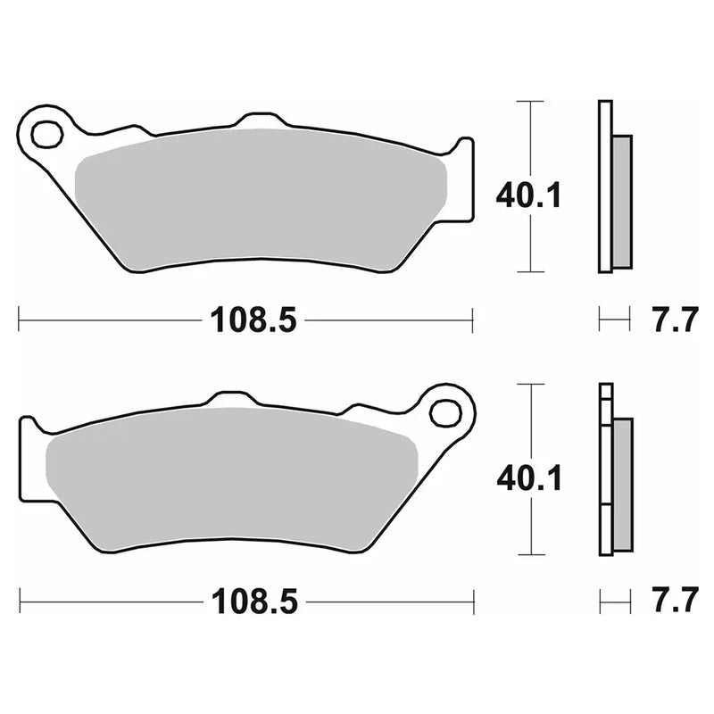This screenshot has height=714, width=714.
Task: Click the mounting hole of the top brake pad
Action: click(43, 135)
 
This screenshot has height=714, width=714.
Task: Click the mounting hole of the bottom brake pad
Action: click(441, 412)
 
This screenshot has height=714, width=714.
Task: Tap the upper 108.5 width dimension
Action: click(253, 318)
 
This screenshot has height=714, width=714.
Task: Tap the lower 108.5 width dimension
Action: click(253, 602)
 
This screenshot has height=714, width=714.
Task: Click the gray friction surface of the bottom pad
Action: click(228, 482)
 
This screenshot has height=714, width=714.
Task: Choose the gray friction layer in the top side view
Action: click(621, 201)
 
